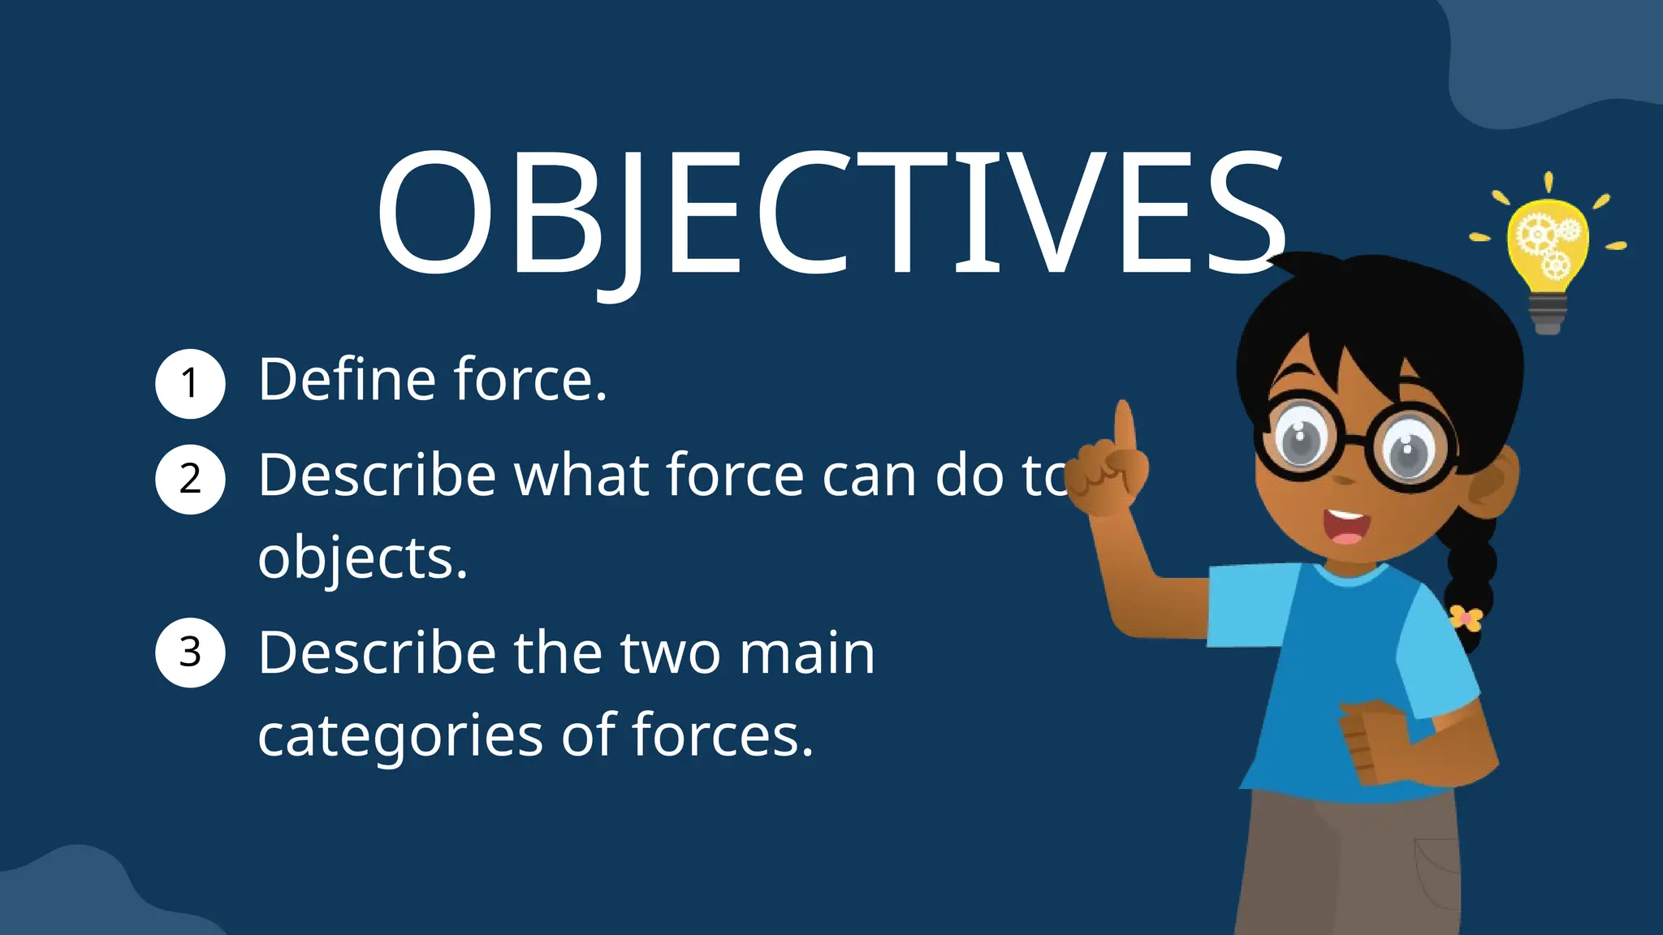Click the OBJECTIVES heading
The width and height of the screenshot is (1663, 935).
830,215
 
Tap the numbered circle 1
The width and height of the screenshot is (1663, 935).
190,383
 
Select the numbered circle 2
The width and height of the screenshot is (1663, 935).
190,479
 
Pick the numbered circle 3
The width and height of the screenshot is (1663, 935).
190,653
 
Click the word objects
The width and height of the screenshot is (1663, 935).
361,559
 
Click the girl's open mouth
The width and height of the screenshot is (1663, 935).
1347,528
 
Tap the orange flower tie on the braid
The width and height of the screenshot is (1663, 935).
1466,618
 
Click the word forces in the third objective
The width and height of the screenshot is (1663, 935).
722,735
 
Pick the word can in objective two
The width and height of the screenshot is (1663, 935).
869,476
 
